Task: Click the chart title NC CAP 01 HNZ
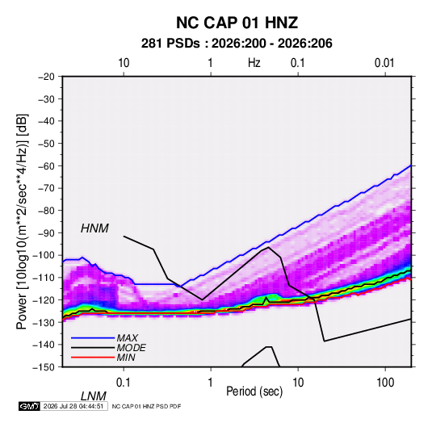click(237, 23)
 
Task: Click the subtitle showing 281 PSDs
click(237, 44)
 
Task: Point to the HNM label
click(94, 228)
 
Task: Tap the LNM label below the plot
click(94, 396)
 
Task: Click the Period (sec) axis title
click(254, 391)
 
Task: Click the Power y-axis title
click(22, 222)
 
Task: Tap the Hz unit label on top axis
click(254, 63)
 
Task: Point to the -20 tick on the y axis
click(47, 77)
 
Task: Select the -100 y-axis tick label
click(44, 255)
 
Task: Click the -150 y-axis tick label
click(44, 367)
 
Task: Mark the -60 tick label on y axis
click(47, 165)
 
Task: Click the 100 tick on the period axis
click(385, 383)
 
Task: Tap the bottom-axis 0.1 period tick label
click(124, 383)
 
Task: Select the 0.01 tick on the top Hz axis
click(384, 63)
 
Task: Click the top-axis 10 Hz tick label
click(124, 63)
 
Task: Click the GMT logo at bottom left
click(29, 406)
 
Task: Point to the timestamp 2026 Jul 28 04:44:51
click(73, 406)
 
